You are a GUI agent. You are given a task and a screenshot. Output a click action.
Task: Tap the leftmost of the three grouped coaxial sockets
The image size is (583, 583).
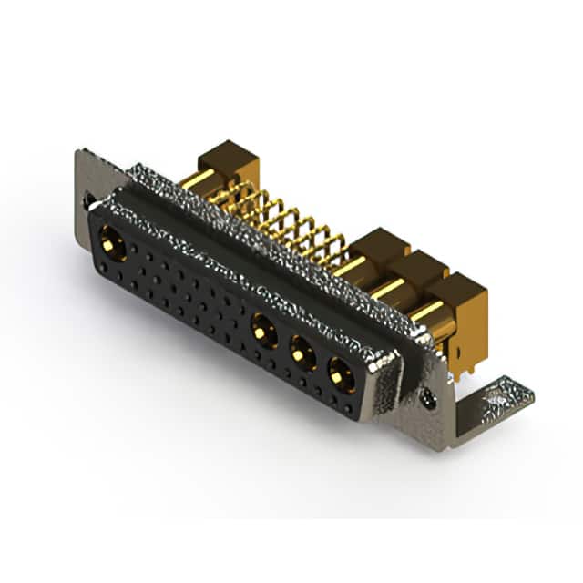(265, 329)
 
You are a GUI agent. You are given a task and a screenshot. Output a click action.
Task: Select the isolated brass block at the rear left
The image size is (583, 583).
(228, 162)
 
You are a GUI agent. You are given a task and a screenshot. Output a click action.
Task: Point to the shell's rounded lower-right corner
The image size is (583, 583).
(383, 405)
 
